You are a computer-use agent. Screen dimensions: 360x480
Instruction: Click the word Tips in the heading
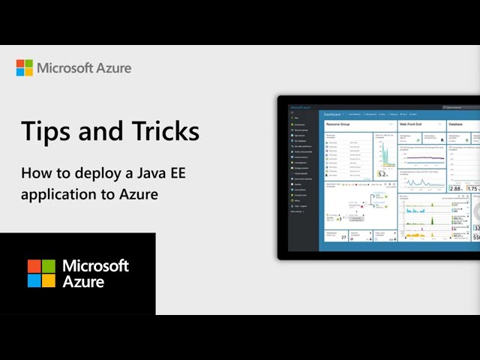(x=44, y=132)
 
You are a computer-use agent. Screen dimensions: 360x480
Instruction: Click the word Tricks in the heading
(x=163, y=132)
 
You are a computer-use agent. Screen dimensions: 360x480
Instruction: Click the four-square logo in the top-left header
(x=25, y=68)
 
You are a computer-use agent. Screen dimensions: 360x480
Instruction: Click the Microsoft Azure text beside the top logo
(x=85, y=68)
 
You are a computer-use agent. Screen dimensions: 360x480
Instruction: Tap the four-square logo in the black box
(x=41, y=274)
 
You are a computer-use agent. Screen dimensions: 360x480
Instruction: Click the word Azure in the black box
(x=83, y=282)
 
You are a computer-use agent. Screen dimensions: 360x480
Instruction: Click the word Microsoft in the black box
(x=96, y=266)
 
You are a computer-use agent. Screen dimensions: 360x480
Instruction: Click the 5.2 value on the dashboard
(x=382, y=174)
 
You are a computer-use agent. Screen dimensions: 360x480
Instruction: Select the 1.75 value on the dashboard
(x=473, y=189)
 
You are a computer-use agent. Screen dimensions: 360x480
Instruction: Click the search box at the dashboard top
(x=459, y=108)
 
